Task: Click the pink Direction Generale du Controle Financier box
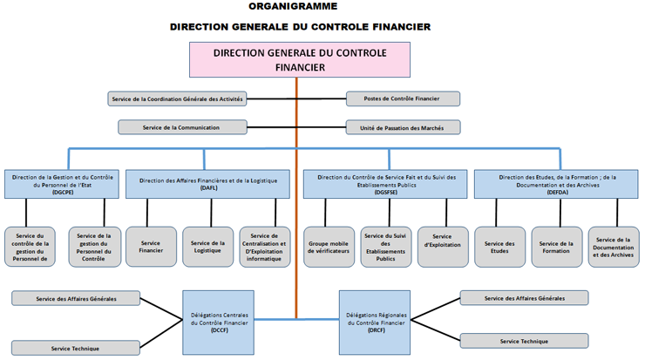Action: [x=299, y=58]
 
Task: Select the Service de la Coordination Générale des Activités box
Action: [x=178, y=99]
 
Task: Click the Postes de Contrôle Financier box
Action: [x=403, y=99]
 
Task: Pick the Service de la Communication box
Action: [x=181, y=127]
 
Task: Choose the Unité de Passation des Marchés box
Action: [x=403, y=127]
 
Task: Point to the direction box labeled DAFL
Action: [x=207, y=183]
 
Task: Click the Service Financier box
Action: [x=151, y=247]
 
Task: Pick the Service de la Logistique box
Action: [x=207, y=247]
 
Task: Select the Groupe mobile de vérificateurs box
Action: [x=329, y=247]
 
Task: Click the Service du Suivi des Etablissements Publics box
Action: [x=386, y=247]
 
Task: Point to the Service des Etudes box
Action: [x=499, y=247]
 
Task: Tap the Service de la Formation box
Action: [x=556, y=247]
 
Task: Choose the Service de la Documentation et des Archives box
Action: [x=614, y=247]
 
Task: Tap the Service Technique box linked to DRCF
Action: [x=524, y=341]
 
